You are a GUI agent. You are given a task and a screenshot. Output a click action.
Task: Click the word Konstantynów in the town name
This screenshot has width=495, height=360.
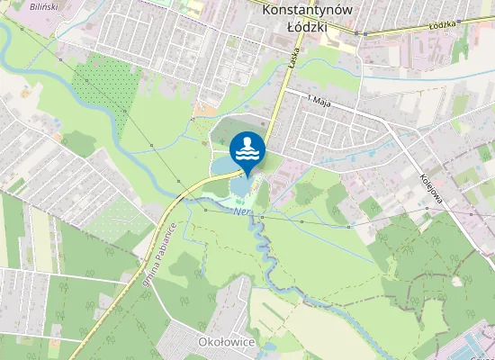307,10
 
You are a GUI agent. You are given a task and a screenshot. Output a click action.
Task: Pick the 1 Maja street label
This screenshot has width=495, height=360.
319,98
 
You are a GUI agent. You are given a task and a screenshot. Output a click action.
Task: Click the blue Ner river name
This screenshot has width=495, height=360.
240,212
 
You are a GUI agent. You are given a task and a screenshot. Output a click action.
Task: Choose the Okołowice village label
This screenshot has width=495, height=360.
227,343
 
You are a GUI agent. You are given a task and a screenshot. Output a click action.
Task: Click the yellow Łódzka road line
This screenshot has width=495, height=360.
405,31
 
